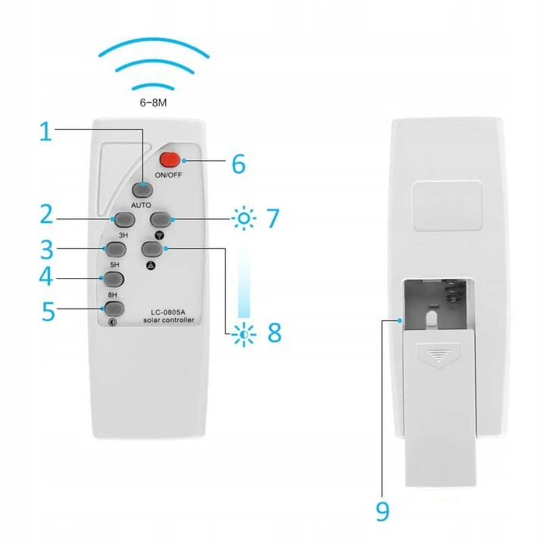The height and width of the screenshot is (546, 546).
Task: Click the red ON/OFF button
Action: (x=170, y=160)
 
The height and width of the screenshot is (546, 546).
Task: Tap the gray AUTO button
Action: (x=143, y=190)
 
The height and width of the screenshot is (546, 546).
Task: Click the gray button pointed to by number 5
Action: (x=115, y=309)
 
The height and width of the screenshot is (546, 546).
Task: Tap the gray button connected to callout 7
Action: (x=161, y=219)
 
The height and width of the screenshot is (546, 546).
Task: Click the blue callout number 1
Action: (x=46, y=132)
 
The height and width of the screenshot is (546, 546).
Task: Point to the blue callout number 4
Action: (x=45, y=277)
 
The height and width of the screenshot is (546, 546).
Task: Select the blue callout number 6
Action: (x=239, y=164)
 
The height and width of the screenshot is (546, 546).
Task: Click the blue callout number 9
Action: (x=383, y=511)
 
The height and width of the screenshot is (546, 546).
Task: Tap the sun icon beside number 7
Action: (x=244, y=218)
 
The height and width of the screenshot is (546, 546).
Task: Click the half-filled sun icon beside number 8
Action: (x=244, y=334)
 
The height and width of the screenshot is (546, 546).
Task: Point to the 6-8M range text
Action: (x=153, y=102)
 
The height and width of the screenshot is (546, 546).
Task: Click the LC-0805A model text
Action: (x=168, y=312)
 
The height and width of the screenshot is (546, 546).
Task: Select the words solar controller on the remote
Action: (x=168, y=320)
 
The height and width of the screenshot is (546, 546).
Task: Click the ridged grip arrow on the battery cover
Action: (x=439, y=356)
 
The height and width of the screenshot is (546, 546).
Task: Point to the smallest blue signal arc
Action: (x=153, y=86)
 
